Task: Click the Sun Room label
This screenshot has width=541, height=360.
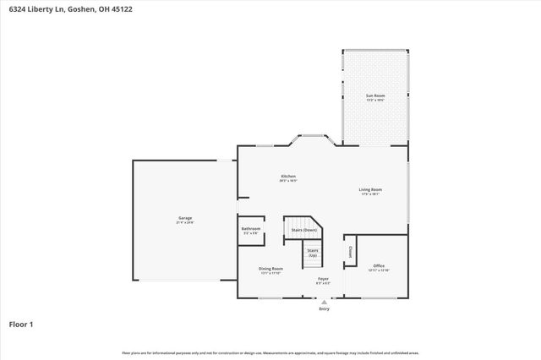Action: pyautogui.click(x=374, y=95)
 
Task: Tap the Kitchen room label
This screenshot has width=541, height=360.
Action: pyautogui.click(x=288, y=177)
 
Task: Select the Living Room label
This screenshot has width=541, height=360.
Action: pyautogui.click(x=370, y=189)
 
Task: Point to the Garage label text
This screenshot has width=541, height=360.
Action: pyautogui.click(x=184, y=218)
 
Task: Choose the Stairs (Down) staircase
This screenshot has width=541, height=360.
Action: pyautogui.click(x=303, y=230)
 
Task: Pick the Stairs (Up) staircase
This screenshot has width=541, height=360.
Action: pyautogui.click(x=313, y=252)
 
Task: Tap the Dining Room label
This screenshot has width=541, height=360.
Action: pyautogui.click(x=270, y=269)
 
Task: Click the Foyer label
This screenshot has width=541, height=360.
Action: pyautogui.click(x=323, y=278)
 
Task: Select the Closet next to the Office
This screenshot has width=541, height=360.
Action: pyautogui.click(x=350, y=252)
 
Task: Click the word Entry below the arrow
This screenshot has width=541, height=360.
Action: pyautogui.click(x=324, y=309)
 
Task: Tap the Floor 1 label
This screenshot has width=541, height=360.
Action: pyautogui.click(x=22, y=324)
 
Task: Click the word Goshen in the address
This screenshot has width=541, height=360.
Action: pyautogui.click(x=71, y=8)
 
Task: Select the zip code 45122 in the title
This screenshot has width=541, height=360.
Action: pyautogui.click(x=121, y=8)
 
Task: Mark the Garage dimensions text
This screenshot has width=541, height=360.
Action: pyautogui.click(x=184, y=223)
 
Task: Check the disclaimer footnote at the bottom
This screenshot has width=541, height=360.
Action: pyautogui.click(x=270, y=352)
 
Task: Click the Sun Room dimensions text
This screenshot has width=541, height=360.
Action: pyautogui.click(x=374, y=100)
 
